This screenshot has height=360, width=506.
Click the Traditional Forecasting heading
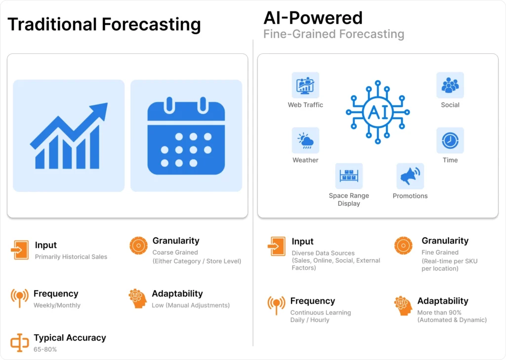(x=104, y=25)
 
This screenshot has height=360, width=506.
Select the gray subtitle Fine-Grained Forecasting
(x=334, y=34)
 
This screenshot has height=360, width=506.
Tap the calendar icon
(x=186, y=135)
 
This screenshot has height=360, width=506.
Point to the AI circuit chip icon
(x=378, y=112)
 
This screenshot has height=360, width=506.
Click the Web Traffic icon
(x=305, y=85)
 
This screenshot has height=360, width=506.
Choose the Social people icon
(x=450, y=85)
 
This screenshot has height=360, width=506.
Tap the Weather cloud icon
(x=305, y=140)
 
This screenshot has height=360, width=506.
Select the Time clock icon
(x=450, y=140)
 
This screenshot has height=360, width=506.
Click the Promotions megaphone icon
(x=410, y=176)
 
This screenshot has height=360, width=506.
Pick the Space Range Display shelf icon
(x=349, y=176)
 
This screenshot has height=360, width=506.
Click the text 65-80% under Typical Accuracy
(x=45, y=349)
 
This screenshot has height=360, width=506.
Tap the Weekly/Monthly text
(x=57, y=305)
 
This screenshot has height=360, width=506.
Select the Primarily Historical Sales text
(x=71, y=257)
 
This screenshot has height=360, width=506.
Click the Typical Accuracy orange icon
(x=19, y=343)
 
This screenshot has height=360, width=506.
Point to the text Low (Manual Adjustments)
(x=191, y=305)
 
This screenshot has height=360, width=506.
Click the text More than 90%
(x=439, y=313)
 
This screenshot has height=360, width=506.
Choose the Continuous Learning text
(x=320, y=313)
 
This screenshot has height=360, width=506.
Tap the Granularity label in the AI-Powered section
(x=445, y=241)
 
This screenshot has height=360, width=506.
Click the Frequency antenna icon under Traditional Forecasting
(x=19, y=297)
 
